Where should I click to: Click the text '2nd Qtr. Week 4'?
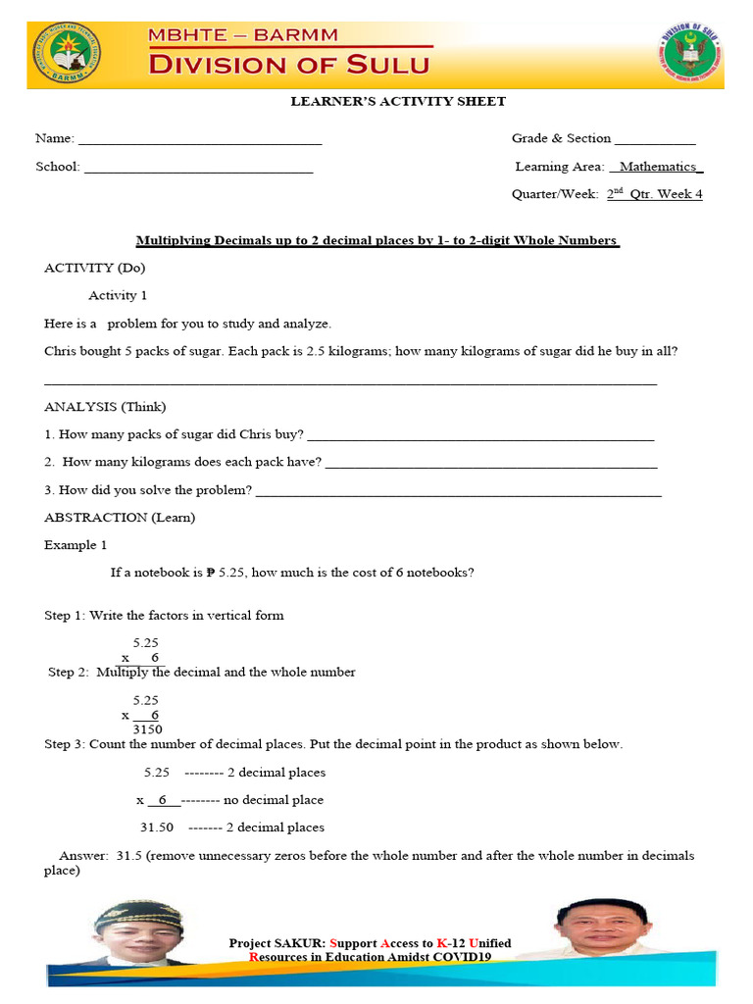[654, 194]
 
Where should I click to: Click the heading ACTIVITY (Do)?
[94, 268]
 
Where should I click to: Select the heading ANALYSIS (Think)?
[105, 406]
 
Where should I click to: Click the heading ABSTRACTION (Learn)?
[120, 517]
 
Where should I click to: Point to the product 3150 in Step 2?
[146, 729]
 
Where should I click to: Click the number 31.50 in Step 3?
[157, 827]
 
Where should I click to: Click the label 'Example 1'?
[75, 544]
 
